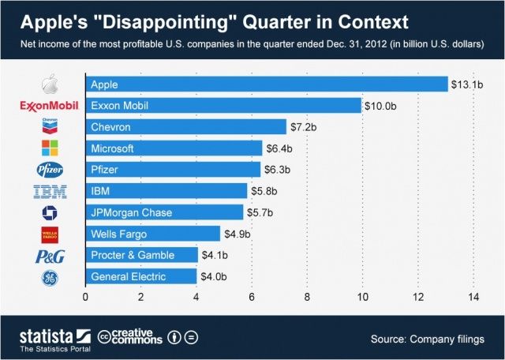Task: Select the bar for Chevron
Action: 185,126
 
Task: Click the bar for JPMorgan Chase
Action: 164,212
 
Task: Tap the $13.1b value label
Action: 466,84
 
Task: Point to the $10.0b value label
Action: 380,105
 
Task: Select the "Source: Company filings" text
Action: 427,339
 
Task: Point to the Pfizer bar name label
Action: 106,170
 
